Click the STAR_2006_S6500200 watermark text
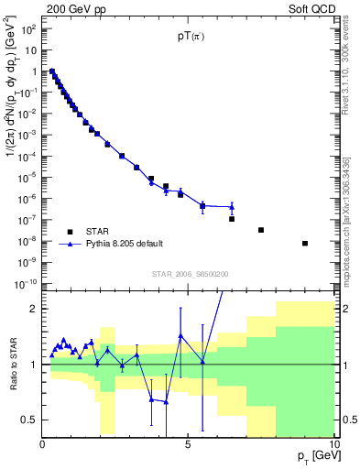coord(190,274)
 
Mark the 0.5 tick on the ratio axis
coord(29,420)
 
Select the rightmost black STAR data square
coord(305,244)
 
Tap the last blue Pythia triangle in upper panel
coord(232,207)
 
